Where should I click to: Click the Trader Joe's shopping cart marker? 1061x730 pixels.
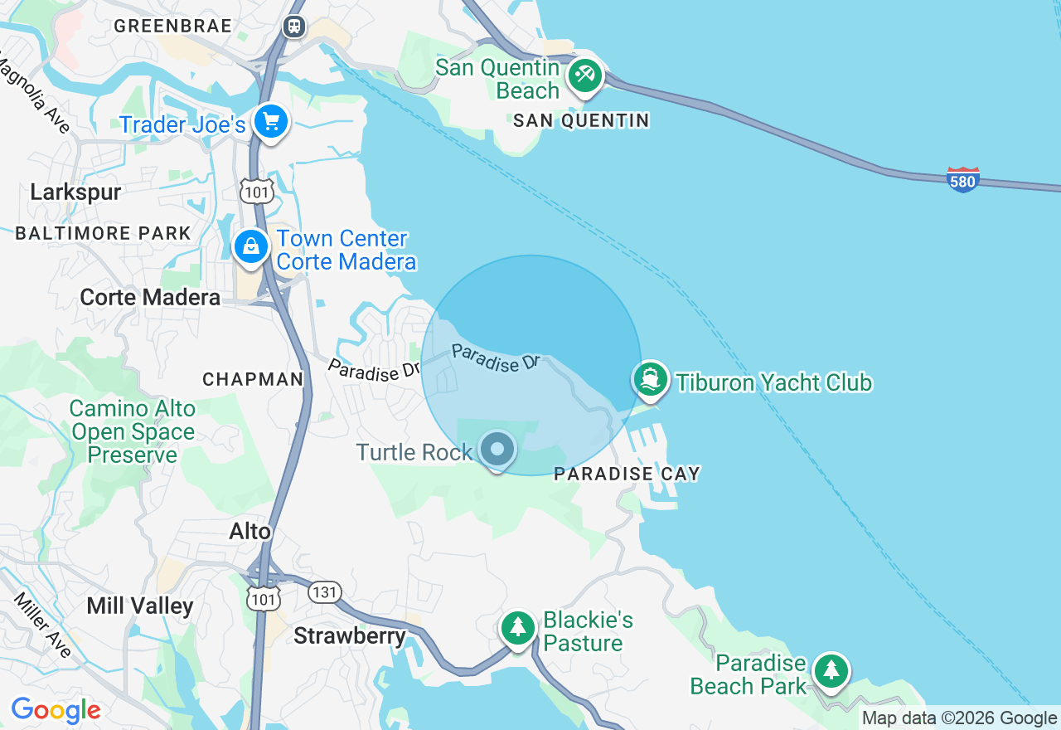[270, 123]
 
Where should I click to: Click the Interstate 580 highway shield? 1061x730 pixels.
[963, 179]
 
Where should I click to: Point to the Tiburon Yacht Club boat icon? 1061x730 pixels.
[651, 380]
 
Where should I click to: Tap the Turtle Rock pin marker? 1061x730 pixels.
[497, 450]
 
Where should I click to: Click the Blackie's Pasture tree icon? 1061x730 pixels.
[518, 628]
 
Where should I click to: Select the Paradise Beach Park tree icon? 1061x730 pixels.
[831, 671]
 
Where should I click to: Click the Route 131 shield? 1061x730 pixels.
[323, 592]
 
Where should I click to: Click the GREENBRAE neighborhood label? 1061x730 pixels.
[173, 26]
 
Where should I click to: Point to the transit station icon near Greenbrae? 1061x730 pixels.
[293, 27]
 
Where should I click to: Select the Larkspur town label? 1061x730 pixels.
[75, 192]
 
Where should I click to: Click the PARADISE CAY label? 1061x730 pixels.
[627, 474]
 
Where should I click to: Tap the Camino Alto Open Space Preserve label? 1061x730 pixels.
[133, 431]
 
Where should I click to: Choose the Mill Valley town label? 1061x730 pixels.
[139, 606]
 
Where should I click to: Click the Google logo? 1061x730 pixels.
[56, 710]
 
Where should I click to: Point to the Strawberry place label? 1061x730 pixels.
[350, 636]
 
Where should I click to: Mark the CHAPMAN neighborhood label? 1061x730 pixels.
[253, 379]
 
